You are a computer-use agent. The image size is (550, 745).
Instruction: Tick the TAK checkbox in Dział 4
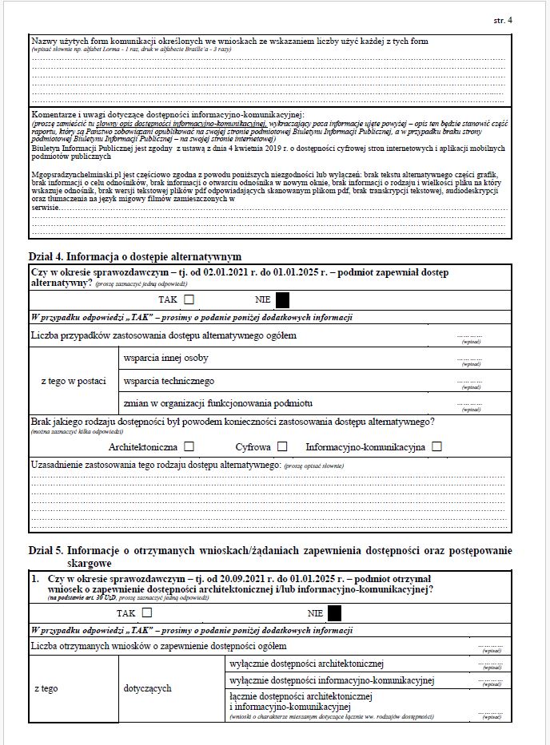click(189, 300)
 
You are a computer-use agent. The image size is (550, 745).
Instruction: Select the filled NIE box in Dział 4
click(282, 300)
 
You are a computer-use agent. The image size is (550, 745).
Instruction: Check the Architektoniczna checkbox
click(189, 447)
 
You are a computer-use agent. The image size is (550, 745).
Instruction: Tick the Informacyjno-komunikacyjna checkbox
click(436, 447)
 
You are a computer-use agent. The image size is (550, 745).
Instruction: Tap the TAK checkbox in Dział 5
click(147, 613)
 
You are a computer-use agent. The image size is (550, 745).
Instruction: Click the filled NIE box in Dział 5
click(334, 613)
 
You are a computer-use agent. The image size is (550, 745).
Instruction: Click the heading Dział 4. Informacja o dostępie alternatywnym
click(134, 256)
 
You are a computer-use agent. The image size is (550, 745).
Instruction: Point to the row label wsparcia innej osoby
click(166, 359)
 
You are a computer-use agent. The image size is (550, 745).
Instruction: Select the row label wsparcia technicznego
click(169, 381)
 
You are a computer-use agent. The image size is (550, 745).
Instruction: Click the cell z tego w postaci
click(74, 381)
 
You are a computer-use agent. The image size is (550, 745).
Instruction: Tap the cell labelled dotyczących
click(147, 688)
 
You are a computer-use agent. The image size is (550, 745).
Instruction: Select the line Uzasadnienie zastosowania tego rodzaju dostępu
click(154, 464)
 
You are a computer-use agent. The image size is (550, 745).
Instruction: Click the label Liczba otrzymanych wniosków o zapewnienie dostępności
click(158, 645)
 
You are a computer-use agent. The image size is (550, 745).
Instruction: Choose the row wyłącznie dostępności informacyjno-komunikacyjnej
click(331, 681)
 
